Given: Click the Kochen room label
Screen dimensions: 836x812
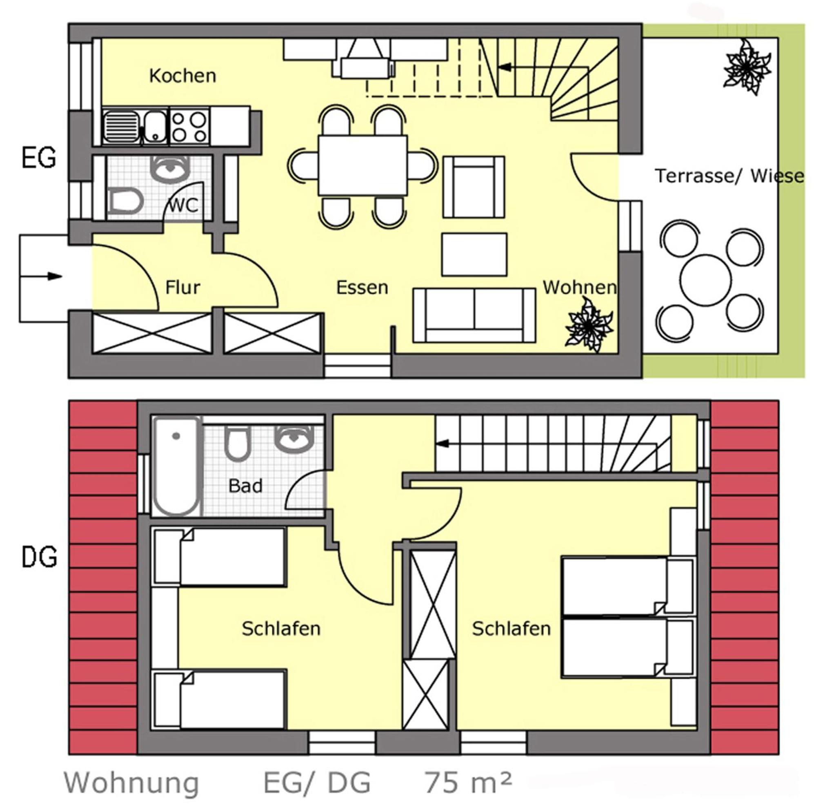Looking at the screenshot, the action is click(x=182, y=76).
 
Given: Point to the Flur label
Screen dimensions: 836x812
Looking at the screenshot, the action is click(x=182, y=288).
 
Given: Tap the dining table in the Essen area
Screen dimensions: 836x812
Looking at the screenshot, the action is click(x=362, y=165).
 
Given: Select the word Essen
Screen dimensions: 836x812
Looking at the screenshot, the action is click(x=362, y=288).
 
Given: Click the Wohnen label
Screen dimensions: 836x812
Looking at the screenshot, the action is click(x=579, y=288).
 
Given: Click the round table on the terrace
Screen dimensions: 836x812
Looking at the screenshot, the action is click(x=705, y=280).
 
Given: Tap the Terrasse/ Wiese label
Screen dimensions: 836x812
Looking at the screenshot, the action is click(x=729, y=176).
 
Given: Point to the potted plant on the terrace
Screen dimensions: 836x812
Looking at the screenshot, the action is click(x=747, y=67).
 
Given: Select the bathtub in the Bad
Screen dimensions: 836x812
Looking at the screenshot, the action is click(x=177, y=466).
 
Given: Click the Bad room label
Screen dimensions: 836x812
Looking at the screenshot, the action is click(x=245, y=486).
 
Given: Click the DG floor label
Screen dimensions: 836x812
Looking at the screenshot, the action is click(x=39, y=557).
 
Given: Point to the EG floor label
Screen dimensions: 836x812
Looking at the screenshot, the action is click(x=38, y=158).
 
